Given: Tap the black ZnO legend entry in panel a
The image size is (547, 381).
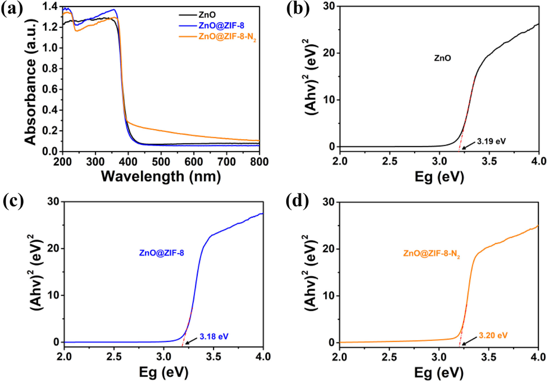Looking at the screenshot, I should tap(207, 15).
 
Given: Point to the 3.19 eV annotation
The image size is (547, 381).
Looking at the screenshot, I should tap(491, 141).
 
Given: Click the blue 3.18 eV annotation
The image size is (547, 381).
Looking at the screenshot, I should tap(214, 337).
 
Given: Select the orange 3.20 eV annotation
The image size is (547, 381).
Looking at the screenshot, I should tap(493, 335).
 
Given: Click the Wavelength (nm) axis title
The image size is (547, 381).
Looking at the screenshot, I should tap(161, 176).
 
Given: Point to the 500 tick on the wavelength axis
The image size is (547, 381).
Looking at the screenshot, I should tap(161, 162).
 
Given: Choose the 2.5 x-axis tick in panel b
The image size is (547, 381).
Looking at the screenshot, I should tap(390, 161).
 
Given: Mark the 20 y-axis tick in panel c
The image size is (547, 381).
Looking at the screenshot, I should tap(54, 248).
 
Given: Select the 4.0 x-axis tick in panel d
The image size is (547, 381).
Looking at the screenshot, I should tap(538, 357).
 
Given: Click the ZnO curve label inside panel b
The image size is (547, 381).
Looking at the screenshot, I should tap(442, 58).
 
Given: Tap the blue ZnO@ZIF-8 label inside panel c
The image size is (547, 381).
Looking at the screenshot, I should tap(161, 253).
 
